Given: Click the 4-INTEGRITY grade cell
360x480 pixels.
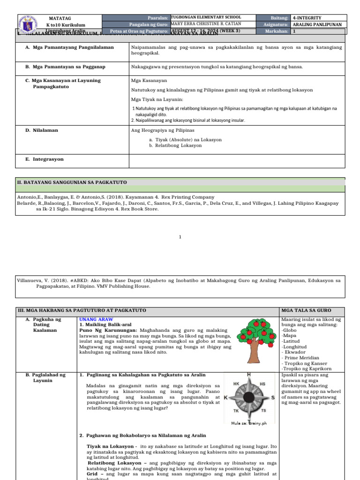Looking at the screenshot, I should tap(307, 17).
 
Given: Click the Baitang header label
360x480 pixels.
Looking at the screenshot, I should tap(278, 17).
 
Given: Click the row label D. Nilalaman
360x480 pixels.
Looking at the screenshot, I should tap(42, 130).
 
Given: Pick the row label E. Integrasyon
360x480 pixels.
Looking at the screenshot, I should tap(44, 159).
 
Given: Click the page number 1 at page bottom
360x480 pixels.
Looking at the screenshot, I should tap(180, 238).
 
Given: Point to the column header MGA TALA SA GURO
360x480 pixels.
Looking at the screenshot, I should tap(306, 311).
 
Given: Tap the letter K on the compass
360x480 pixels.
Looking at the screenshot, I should tap(226, 397).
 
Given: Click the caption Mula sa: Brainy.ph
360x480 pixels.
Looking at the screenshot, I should tap(249, 423).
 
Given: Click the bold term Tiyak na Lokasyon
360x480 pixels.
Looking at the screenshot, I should tap(112, 446).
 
